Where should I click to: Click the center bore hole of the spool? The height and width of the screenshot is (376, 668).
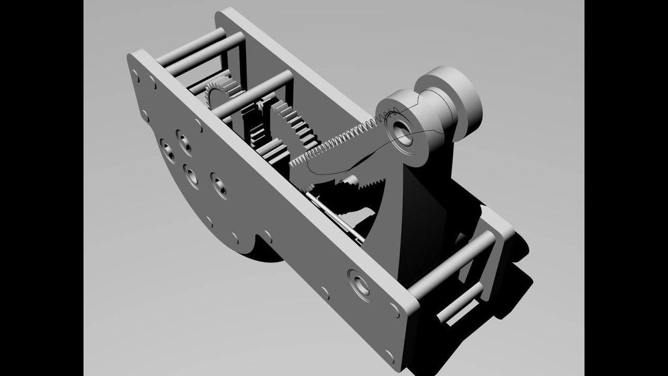[x=402, y=131]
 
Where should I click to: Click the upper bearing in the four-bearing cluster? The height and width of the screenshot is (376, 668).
[x=184, y=140]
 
